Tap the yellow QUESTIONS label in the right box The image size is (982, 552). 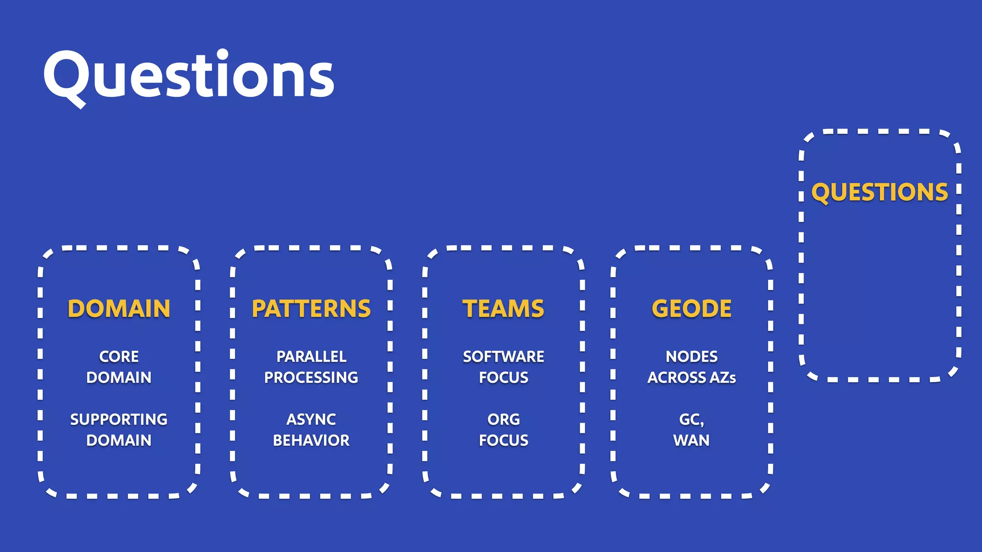[x=879, y=193]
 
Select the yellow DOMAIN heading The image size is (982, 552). [x=119, y=309]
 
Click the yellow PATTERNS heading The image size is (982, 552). [x=311, y=309]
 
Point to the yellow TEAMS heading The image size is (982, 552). [x=503, y=309]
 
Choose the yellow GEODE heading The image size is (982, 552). [x=691, y=309]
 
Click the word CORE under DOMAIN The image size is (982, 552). [x=119, y=356]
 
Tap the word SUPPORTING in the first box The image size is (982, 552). [x=119, y=419]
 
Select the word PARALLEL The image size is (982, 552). [x=311, y=356]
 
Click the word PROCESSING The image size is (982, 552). [x=311, y=378]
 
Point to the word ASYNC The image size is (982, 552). [x=311, y=419]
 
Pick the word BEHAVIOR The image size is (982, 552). [x=311, y=440]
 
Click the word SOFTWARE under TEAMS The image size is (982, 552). [x=503, y=356]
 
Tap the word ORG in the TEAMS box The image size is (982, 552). [x=503, y=419]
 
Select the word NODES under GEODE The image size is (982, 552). [x=691, y=356]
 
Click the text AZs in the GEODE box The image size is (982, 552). [x=723, y=378]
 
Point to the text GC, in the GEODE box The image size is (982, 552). [x=691, y=420]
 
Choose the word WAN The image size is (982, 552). [x=691, y=440]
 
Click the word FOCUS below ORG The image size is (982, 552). [x=503, y=440]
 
